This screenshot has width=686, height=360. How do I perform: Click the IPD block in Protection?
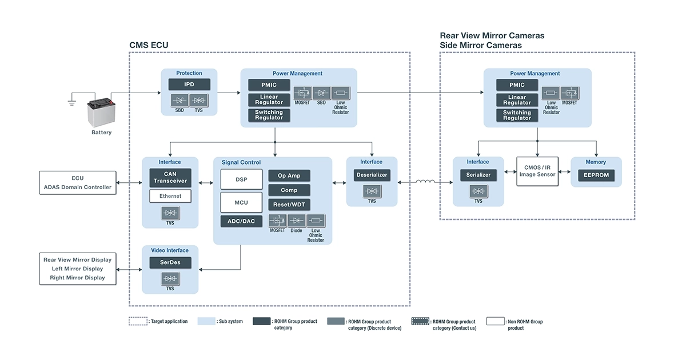click(189, 85)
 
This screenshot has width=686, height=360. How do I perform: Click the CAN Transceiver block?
click(170, 177)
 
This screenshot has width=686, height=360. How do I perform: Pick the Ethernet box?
click(170, 196)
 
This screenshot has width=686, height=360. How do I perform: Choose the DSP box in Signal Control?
click(241, 179)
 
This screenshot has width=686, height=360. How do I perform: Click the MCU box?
click(241, 202)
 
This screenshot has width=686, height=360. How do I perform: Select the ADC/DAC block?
click(241, 221)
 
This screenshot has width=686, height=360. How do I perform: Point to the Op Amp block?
click(289, 175)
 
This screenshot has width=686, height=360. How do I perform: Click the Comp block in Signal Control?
click(289, 190)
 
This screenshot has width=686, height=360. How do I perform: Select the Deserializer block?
click(372, 175)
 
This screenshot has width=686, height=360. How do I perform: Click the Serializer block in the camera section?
click(478, 175)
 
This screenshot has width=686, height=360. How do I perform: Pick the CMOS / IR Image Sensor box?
click(537, 171)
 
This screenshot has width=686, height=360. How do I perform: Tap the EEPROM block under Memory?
click(596, 175)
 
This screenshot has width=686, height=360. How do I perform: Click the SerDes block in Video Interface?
click(170, 263)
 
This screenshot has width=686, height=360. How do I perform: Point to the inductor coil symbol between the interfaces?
click(425, 182)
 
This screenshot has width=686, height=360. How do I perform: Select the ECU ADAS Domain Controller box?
click(78, 182)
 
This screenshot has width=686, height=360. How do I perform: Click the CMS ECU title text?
click(149, 45)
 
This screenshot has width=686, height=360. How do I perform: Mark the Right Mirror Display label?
click(78, 278)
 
